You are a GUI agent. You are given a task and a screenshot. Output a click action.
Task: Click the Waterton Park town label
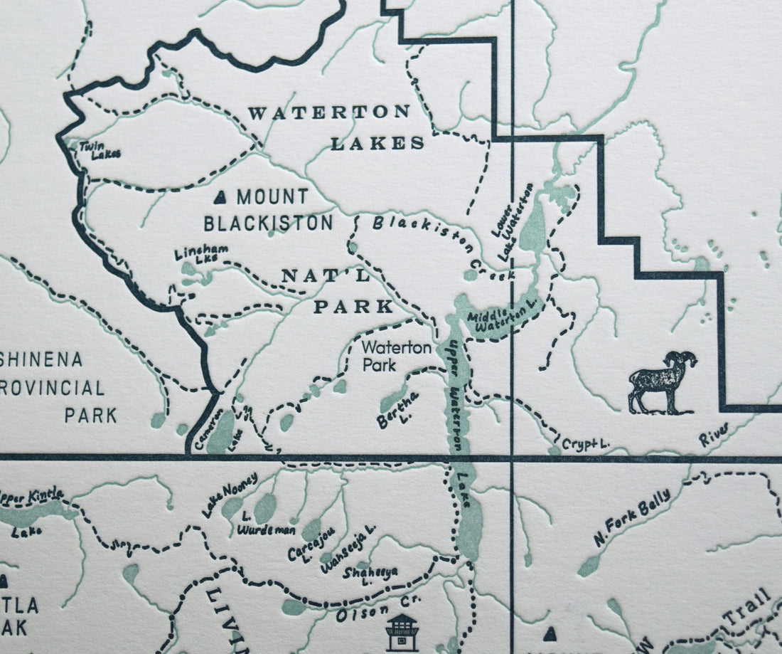[x=396, y=354]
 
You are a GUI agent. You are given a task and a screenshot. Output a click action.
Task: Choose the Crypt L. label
[x=585, y=443]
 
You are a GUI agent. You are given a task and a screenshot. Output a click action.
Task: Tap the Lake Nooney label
[x=229, y=492]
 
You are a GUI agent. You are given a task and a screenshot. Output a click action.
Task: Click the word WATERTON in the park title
[x=328, y=112]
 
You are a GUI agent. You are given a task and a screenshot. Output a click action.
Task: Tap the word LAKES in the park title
[x=377, y=143]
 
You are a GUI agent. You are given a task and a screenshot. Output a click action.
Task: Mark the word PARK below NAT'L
[x=353, y=307]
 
